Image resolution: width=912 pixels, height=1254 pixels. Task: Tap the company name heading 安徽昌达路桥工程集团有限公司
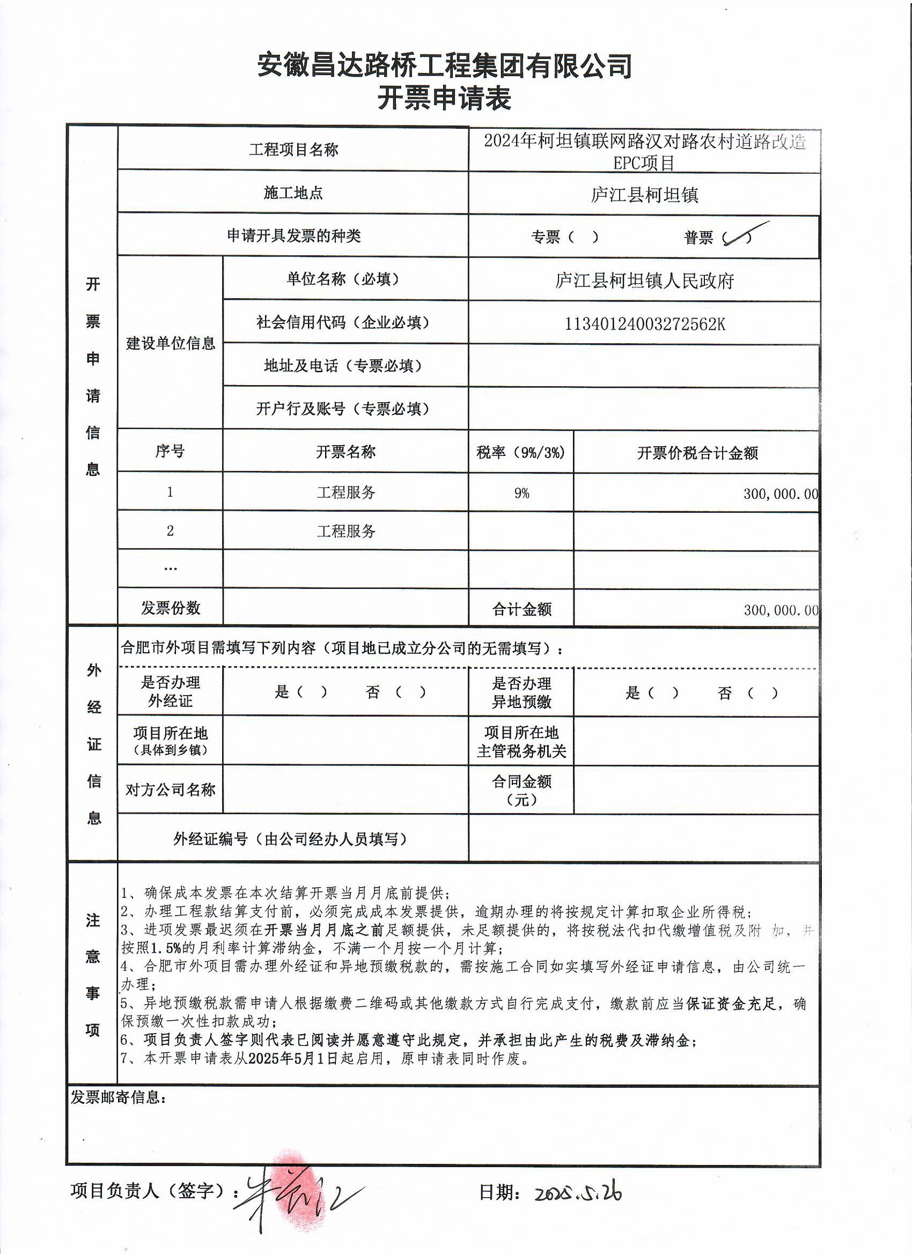[x=444, y=65]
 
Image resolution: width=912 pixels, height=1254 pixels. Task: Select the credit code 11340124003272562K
[x=644, y=323]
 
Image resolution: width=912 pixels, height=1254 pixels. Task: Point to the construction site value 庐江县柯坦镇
[x=644, y=195]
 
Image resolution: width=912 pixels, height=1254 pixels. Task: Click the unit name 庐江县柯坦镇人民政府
[x=644, y=281]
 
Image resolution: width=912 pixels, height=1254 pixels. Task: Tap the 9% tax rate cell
[x=521, y=492]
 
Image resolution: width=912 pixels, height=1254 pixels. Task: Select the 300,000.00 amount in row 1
[x=780, y=494]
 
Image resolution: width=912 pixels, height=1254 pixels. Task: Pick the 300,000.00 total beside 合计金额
[x=780, y=610]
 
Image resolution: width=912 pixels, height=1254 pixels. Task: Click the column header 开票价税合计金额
[x=697, y=453]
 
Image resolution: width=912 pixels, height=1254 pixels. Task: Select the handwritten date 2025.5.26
[x=578, y=1194]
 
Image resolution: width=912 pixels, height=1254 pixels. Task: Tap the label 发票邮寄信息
[x=119, y=1096]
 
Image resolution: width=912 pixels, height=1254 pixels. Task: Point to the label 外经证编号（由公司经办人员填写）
[x=290, y=839]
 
